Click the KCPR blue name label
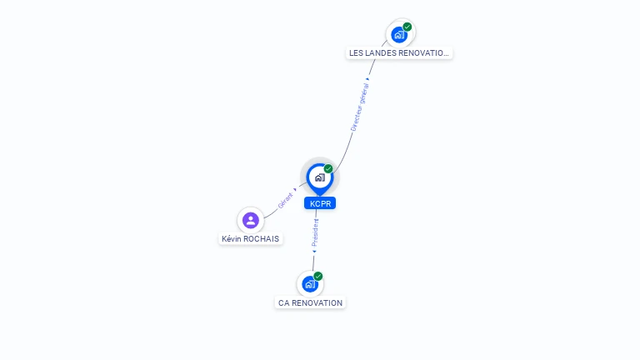(320, 203)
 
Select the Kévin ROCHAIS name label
(250, 239)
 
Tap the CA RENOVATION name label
(310, 302)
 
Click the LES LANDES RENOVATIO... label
(399, 53)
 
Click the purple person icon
(251, 220)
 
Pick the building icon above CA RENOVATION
(310, 284)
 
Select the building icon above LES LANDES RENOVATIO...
(399, 35)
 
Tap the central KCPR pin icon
(320, 178)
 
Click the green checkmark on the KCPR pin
(328, 168)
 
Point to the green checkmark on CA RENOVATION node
(318, 277)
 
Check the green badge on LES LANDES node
(407, 27)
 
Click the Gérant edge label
(285, 200)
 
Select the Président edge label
(315, 232)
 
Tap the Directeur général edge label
(360, 107)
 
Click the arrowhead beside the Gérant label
(295, 189)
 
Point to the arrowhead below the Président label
(314, 252)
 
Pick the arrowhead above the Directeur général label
(367, 79)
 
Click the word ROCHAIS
(263, 239)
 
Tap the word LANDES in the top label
(380, 53)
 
